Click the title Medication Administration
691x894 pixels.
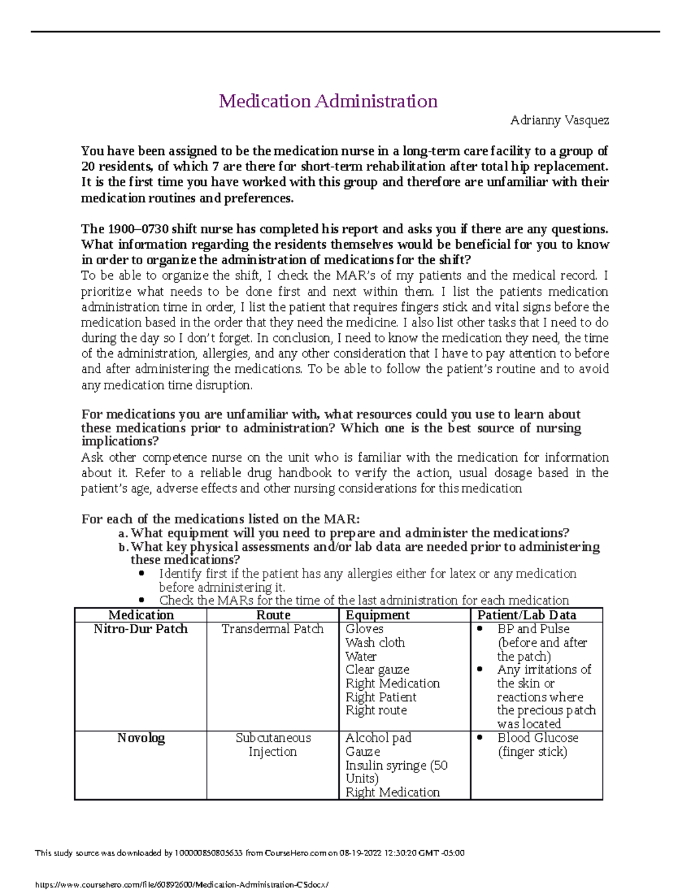pyautogui.click(x=328, y=101)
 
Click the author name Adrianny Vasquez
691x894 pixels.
pyautogui.click(x=559, y=120)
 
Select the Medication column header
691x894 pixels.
pyautogui.click(x=141, y=615)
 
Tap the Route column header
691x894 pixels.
pyautogui.click(x=272, y=615)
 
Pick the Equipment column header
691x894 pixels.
pyautogui.click(x=377, y=615)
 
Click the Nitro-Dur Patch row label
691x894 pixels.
pyautogui.click(x=141, y=629)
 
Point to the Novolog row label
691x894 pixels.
pyautogui.click(x=141, y=738)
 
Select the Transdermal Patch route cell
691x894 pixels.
pyautogui.click(x=272, y=629)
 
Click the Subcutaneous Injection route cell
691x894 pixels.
pyautogui.click(x=272, y=745)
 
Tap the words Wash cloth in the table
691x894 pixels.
pyautogui.click(x=375, y=642)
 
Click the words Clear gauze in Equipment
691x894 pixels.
pyautogui.click(x=377, y=669)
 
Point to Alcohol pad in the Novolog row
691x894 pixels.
pyautogui.click(x=378, y=738)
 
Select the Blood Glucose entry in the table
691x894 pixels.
pyautogui.click(x=538, y=738)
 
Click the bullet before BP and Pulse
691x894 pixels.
pyautogui.click(x=480, y=629)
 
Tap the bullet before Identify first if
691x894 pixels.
pyautogui.click(x=142, y=574)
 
